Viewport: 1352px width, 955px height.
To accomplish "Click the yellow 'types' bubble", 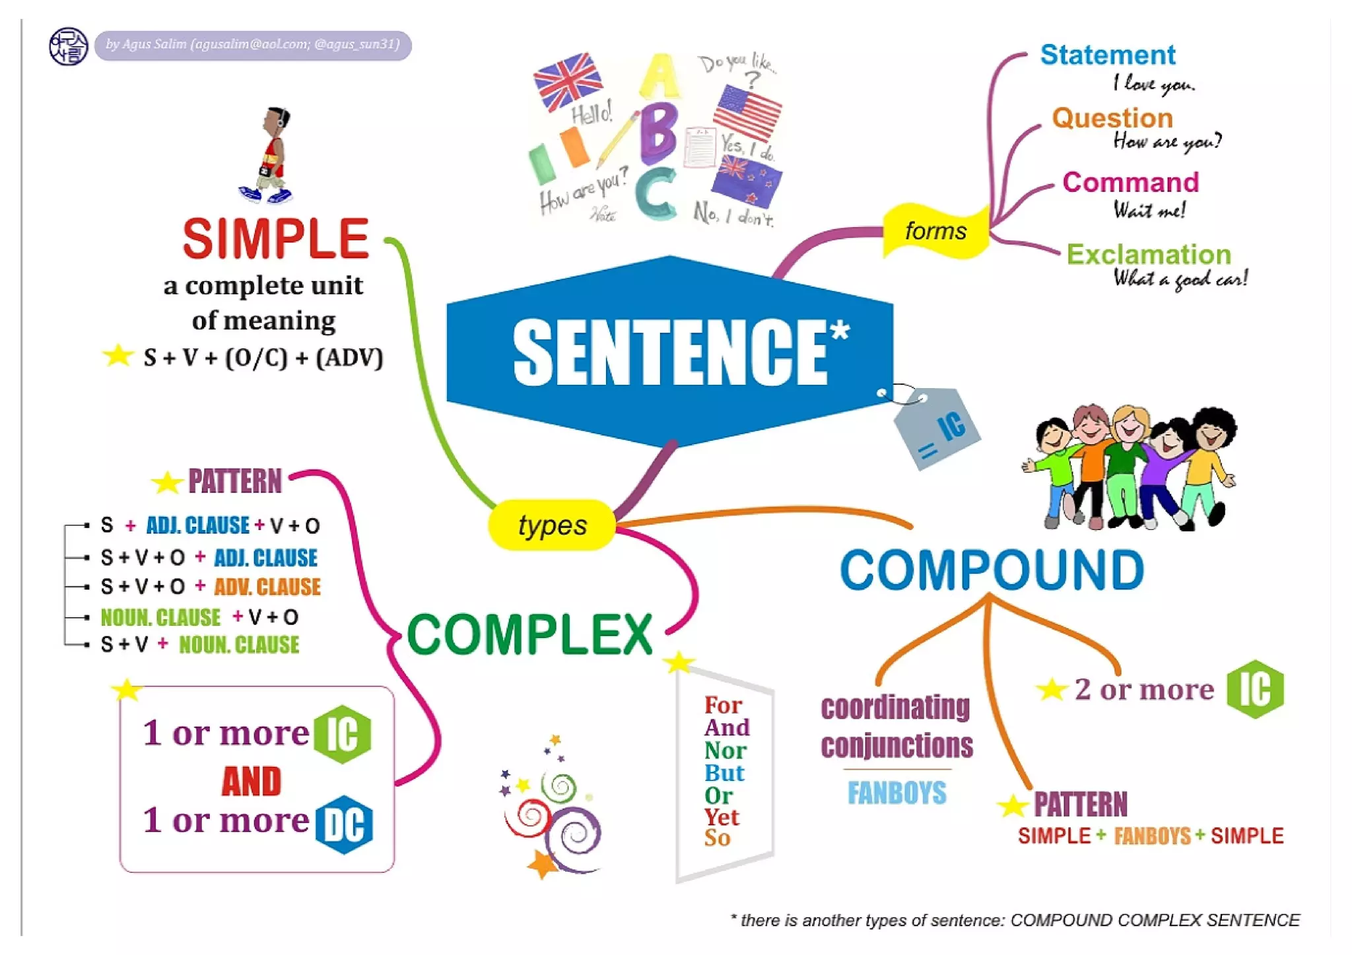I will (x=552, y=525).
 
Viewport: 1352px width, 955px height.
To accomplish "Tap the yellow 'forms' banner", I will (x=935, y=231).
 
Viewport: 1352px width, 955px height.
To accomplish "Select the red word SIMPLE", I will (x=275, y=239).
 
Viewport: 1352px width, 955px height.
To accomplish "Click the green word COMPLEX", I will (x=529, y=634).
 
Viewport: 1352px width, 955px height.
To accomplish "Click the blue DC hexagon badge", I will (x=344, y=825).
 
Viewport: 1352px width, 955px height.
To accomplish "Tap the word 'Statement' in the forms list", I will (x=1107, y=55).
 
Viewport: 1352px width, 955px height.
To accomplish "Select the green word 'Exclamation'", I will (x=1149, y=255).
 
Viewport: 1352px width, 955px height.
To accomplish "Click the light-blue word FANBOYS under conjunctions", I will (x=896, y=793).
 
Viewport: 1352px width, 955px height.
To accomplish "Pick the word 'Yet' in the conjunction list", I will (x=721, y=817).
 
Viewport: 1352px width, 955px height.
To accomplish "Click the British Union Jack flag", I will (x=567, y=81).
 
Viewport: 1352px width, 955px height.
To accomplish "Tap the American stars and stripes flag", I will (x=747, y=111).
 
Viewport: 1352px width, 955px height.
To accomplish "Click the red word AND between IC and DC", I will (x=252, y=781).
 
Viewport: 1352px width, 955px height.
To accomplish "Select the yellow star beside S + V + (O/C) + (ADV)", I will (x=118, y=356).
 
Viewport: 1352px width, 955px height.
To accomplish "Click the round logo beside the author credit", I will (x=68, y=46).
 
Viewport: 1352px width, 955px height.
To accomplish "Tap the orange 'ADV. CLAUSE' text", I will (x=267, y=587).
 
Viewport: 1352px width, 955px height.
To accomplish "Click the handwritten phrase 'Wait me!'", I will (x=1149, y=211).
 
